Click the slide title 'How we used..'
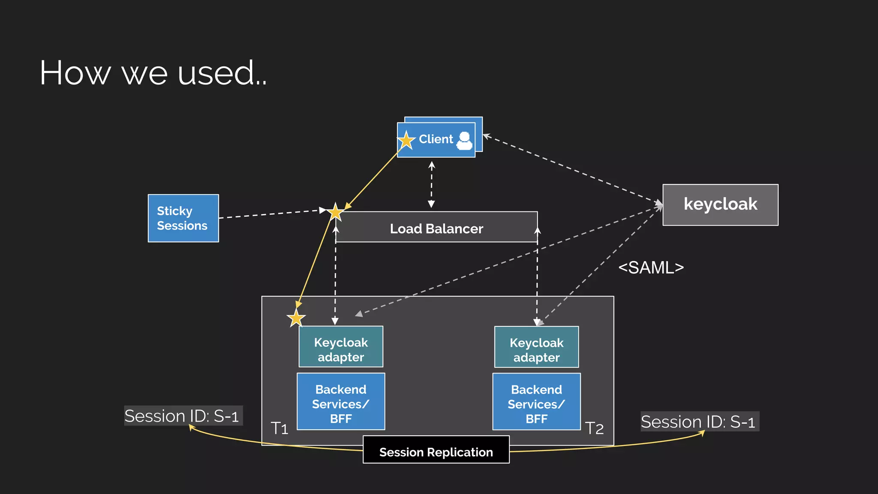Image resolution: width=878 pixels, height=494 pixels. (x=153, y=73)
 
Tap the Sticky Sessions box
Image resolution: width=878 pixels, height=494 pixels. (x=183, y=218)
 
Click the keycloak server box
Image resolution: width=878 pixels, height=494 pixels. (x=720, y=205)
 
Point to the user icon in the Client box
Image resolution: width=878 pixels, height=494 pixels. (x=464, y=140)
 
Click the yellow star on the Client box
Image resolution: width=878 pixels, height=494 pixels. (x=406, y=140)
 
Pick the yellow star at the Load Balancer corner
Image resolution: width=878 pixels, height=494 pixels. (x=335, y=212)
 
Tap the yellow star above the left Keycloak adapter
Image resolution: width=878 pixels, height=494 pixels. (x=296, y=318)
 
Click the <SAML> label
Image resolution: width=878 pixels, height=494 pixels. (x=651, y=268)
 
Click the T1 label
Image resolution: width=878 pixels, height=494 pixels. (x=280, y=428)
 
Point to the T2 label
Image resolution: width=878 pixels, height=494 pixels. (x=594, y=428)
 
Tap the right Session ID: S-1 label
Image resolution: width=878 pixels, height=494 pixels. (x=699, y=422)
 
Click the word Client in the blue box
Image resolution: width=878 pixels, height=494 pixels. (x=436, y=139)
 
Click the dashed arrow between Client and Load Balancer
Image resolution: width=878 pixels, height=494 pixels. (x=432, y=185)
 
